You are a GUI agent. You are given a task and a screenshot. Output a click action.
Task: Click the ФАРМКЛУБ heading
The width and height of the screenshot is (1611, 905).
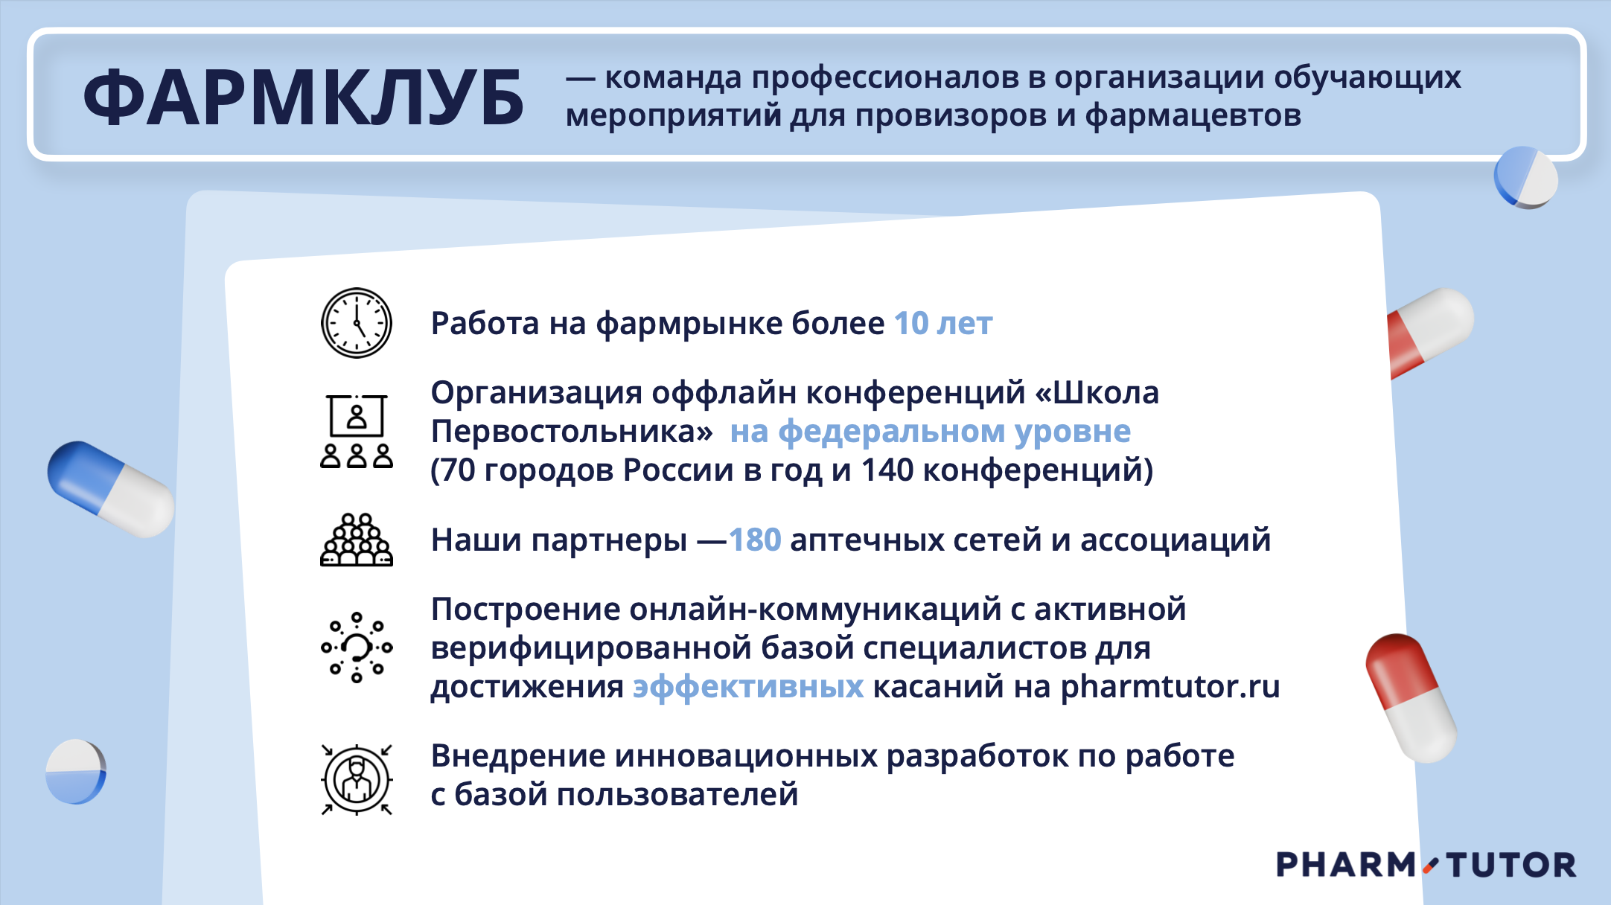pos(304,97)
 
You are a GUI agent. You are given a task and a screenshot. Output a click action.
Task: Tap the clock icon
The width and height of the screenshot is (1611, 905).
pos(357,323)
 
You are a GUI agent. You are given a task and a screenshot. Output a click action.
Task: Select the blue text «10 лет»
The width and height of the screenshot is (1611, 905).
pos(943,324)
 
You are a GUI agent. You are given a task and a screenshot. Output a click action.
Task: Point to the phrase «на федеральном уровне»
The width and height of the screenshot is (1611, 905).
pos(931,432)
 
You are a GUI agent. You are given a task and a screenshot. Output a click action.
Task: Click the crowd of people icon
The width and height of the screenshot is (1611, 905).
pos(357,540)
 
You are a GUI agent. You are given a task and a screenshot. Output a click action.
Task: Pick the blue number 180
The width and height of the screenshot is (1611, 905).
pos(755,540)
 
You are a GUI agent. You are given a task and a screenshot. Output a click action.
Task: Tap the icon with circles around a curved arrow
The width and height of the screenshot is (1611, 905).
pos(357,647)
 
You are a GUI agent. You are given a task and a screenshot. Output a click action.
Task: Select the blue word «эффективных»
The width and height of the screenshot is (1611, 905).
pos(748,687)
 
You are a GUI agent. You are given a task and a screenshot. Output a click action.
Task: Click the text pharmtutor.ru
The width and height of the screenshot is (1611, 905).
pos(1170,687)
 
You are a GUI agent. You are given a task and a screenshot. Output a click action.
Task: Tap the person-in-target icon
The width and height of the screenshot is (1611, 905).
pos(357,779)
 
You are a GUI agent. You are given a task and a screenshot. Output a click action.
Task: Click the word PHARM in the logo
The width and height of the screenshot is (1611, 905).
pos(1346,865)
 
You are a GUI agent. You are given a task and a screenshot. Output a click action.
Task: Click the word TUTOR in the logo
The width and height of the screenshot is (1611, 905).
pos(1511,865)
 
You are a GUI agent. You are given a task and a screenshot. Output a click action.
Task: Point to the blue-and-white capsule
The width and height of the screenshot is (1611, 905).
pos(111,489)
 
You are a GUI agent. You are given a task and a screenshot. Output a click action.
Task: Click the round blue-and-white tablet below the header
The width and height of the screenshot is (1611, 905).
pos(1526,177)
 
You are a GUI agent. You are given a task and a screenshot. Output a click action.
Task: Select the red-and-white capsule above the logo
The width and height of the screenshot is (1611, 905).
pos(1411,697)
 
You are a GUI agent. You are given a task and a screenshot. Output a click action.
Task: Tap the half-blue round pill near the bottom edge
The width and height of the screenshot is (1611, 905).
pos(76,772)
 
